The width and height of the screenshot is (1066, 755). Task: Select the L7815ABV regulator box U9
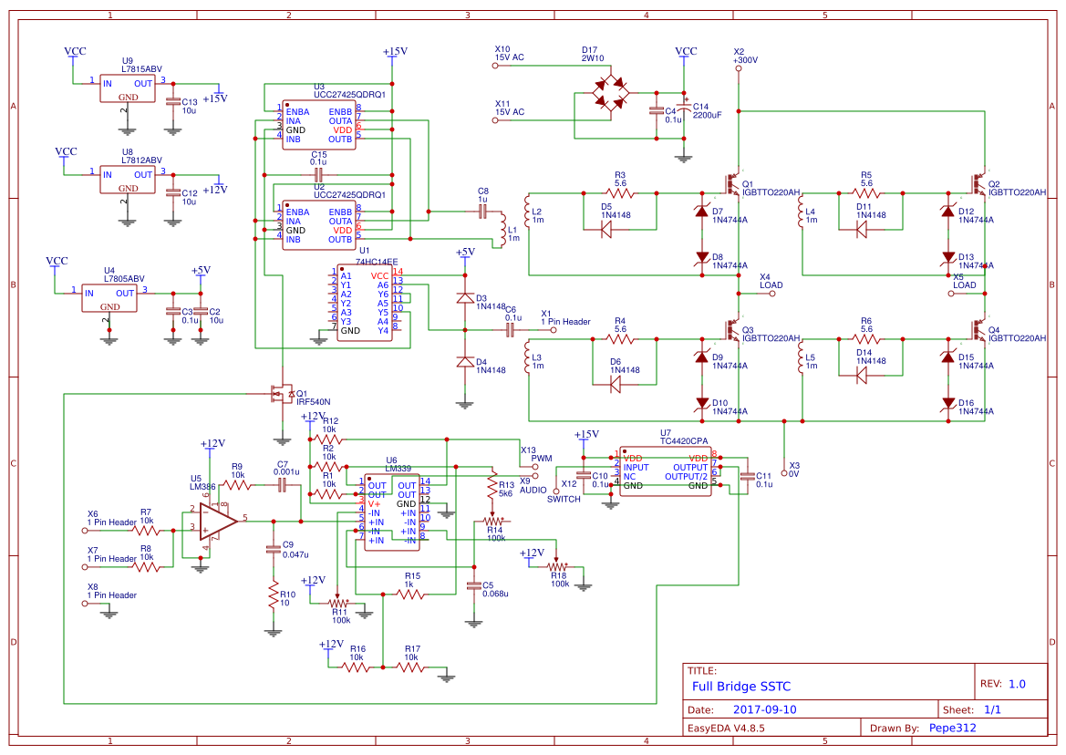click(x=128, y=88)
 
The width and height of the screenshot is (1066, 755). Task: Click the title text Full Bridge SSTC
click(x=741, y=686)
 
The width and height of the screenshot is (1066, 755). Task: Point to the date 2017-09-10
click(x=764, y=708)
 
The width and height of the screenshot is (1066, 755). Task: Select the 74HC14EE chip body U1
click(x=363, y=303)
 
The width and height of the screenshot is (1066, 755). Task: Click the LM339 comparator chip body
click(x=391, y=512)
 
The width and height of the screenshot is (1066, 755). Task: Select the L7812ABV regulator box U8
click(x=128, y=181)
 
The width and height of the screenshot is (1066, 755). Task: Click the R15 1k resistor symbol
click(x=411, y=594)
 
